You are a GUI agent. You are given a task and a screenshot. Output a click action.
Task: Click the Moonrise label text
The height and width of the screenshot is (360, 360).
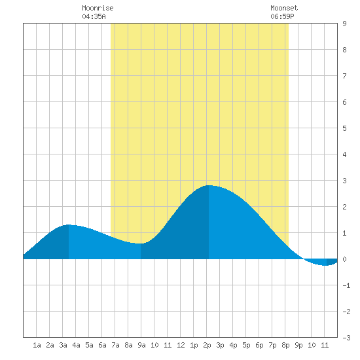pos(98,8)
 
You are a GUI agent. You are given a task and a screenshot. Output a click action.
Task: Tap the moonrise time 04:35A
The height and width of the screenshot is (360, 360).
pos(94,16)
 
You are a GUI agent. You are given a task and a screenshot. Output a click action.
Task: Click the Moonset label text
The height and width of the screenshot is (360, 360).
pos(284,8)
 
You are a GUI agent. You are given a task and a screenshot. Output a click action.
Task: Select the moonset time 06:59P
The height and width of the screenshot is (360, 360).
pos(282,16)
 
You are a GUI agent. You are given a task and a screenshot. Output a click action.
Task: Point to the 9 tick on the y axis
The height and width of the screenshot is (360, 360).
pos(344,24)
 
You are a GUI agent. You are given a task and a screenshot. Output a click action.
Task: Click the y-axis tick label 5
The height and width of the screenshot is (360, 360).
pos(344,128)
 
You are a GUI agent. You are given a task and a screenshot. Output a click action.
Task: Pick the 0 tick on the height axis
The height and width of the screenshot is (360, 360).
pos(344,259)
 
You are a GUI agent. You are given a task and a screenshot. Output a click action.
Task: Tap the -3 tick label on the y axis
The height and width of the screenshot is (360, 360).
pos(346,338)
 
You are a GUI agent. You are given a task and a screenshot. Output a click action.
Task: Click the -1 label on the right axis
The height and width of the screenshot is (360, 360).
pos(346,285)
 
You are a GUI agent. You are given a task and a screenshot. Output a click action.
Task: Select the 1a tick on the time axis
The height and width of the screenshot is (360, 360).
pos(37,345)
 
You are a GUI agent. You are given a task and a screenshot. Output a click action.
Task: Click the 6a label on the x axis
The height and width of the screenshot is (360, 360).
pos(102,345)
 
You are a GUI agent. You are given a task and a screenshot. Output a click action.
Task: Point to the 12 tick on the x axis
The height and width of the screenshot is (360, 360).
pos(181,345)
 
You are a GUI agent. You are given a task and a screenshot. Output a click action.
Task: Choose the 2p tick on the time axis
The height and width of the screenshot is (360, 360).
pos(207,345)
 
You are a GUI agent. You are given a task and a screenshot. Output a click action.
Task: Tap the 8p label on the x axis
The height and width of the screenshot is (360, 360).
pos(285,345)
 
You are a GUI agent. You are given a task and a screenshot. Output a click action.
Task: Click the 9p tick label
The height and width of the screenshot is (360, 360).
pos(298,345)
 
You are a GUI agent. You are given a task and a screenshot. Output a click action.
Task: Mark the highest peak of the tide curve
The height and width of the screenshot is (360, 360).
pos(209,185)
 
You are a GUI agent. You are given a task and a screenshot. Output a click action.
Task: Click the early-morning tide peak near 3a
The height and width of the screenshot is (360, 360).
pos(69,225)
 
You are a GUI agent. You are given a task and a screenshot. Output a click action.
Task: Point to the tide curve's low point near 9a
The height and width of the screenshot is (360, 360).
pos(141,243)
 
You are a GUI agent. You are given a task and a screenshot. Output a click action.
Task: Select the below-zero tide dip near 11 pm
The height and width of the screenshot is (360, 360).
pos(326,265)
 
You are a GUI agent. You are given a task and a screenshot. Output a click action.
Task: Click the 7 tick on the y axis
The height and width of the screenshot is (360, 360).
pos(344,76)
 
